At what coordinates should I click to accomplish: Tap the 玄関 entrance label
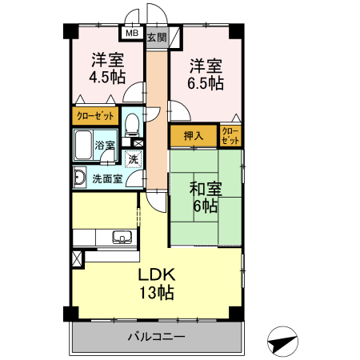[157, 36]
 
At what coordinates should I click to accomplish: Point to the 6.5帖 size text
[206, 82]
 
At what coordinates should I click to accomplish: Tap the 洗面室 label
[107, 178]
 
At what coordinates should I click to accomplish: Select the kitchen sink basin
[122, 235]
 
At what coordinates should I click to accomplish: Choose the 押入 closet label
[193, 137]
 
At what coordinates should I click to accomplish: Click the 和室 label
[205, 190]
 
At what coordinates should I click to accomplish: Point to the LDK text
[155, 274]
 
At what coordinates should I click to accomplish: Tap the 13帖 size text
[155, 292]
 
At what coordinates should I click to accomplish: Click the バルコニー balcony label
[157, 337]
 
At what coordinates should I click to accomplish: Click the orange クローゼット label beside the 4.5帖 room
[95, 116]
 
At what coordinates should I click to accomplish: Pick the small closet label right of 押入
[230, 136]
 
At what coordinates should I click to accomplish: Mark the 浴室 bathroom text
[105, 146]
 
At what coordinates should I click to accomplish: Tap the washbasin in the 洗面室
[80, 178]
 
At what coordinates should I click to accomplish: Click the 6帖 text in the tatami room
[205, 206]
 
